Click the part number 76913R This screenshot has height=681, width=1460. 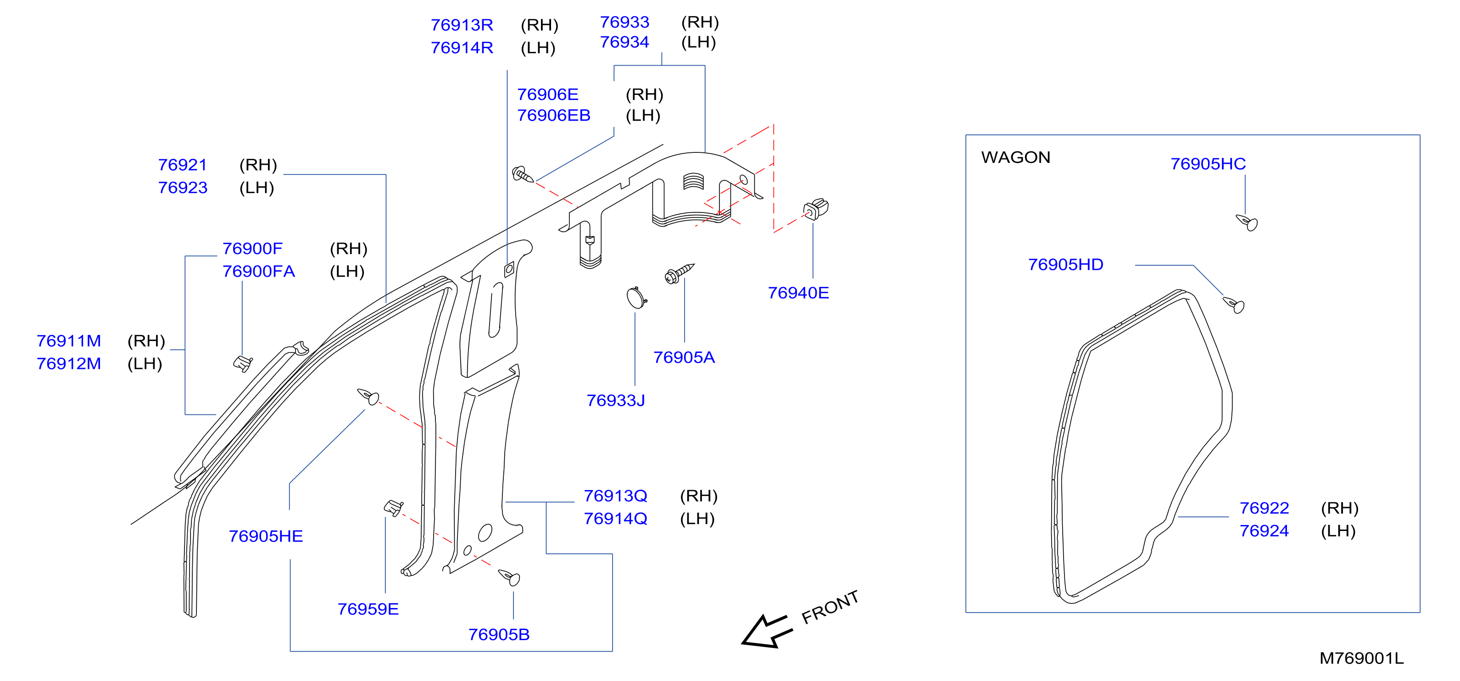point(462,25)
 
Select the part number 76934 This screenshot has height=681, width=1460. point(624,42)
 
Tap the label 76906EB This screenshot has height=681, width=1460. point(554,115)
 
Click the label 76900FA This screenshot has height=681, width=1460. point(258,271)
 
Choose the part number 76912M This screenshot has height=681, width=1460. point(68,363)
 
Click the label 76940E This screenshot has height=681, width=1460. point(798,293)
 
